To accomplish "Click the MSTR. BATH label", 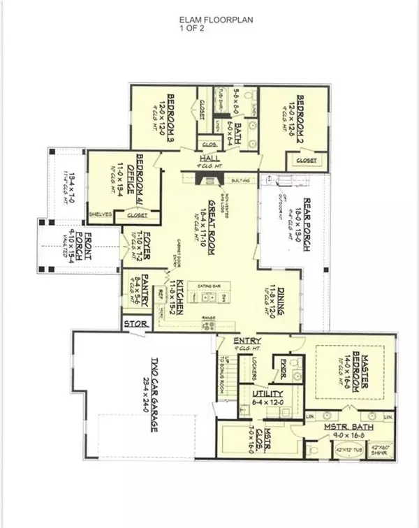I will (x=347, y=427).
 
